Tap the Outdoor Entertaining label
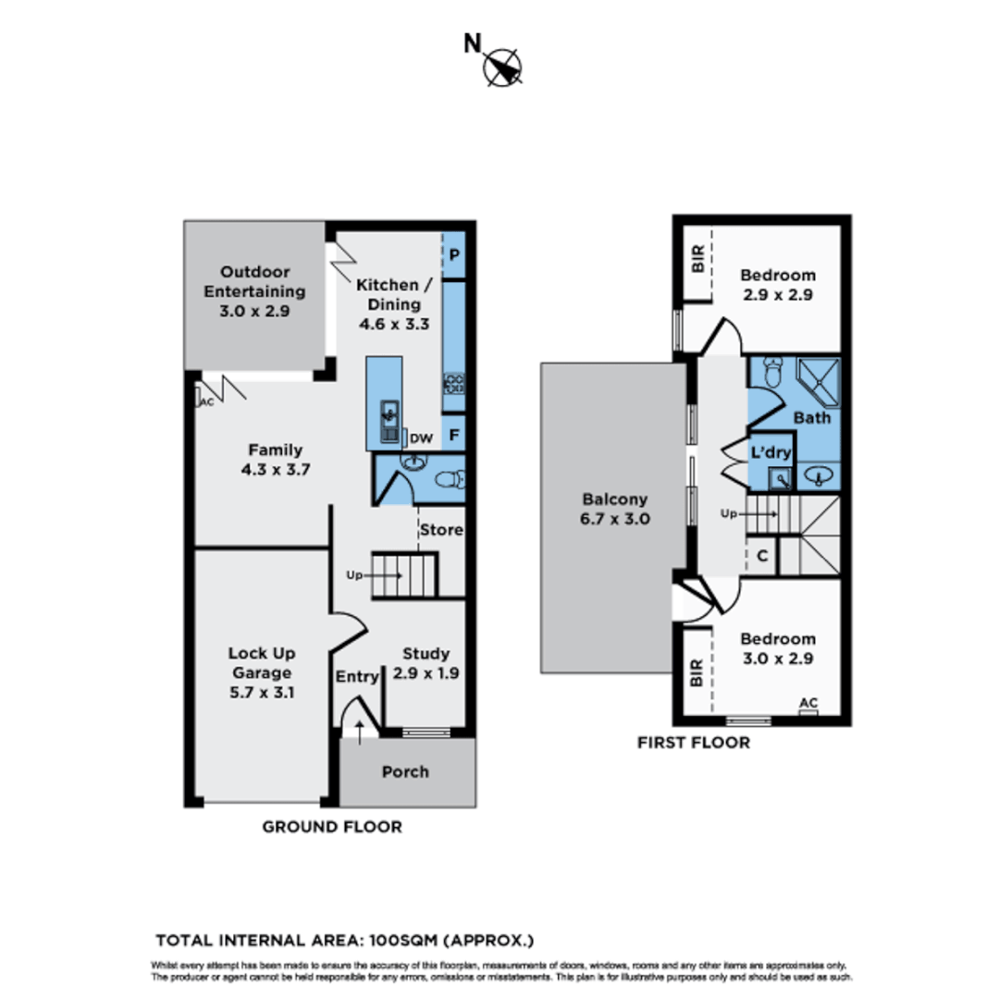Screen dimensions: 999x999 point(254,291)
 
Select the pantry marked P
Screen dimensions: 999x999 point(455,254)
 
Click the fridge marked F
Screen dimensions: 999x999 point(454,433)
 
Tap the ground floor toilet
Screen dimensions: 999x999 point(450,480)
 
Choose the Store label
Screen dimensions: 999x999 point(441,530)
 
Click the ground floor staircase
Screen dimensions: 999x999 point(404,574)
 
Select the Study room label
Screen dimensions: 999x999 point(426,663)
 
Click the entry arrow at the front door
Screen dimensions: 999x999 point(360,730)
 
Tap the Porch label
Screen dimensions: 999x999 point(405,771)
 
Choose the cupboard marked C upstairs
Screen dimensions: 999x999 point(761,556)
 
